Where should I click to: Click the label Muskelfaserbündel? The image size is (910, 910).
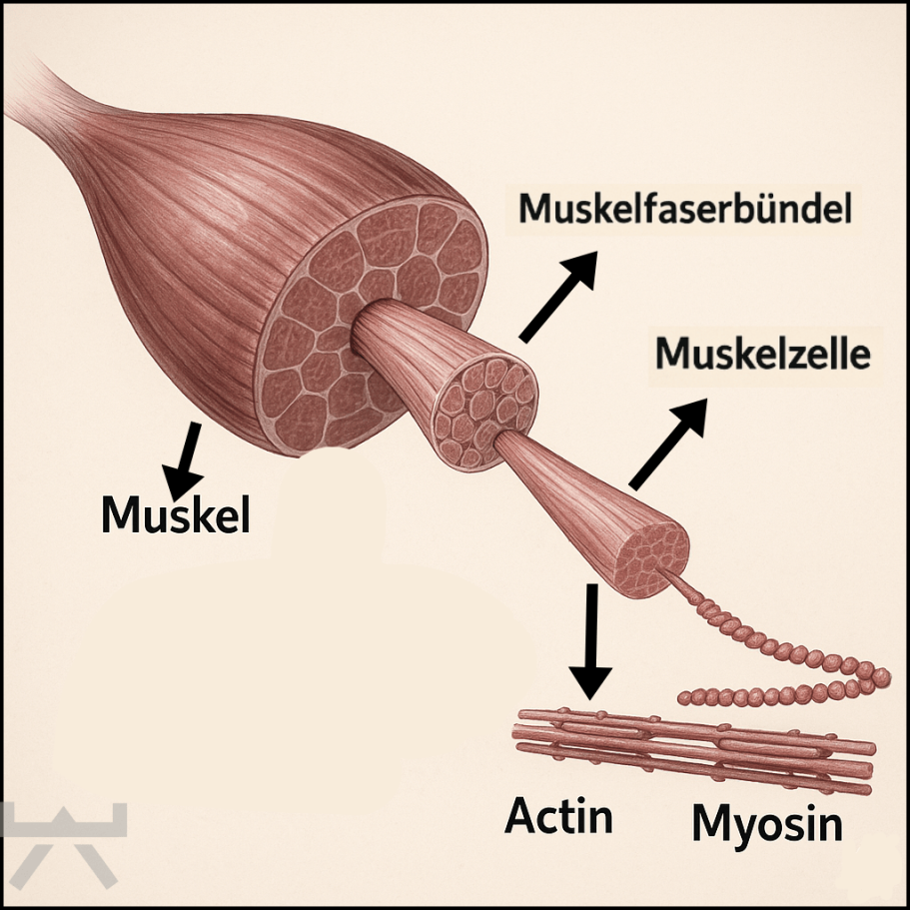pos(684,210)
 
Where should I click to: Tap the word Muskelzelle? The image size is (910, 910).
pos(763,354)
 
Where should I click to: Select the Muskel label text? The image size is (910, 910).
pos(176,515)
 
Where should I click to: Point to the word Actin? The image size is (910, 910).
pos(558,816)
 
